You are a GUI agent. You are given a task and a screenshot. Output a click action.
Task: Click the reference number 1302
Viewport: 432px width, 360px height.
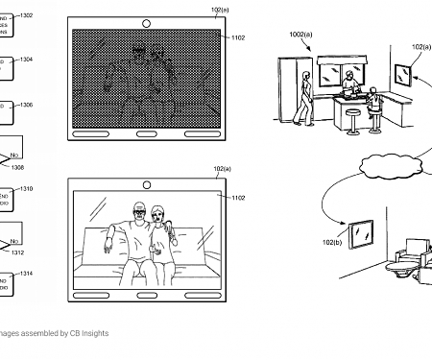pos(26,16)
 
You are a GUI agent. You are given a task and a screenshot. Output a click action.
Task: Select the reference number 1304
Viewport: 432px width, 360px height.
pos(26,60)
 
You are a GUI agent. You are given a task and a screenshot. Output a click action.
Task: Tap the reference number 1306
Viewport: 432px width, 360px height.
pos(26,105)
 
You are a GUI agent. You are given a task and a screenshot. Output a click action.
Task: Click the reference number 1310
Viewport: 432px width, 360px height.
pos(26,189)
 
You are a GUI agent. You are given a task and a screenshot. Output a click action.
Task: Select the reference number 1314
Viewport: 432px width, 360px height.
pos(26,274)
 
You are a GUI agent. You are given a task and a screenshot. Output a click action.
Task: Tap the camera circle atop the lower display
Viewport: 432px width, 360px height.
pos(146,181)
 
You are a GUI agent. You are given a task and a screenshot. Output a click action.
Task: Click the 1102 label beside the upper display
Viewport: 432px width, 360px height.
pos(237,38)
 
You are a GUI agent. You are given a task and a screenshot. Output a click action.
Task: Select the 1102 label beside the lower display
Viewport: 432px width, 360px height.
pos(237,198)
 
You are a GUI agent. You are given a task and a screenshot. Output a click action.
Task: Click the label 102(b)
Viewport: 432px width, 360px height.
pos(331,243)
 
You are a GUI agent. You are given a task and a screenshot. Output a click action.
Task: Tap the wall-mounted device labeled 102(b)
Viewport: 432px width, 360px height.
pos(362,232)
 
